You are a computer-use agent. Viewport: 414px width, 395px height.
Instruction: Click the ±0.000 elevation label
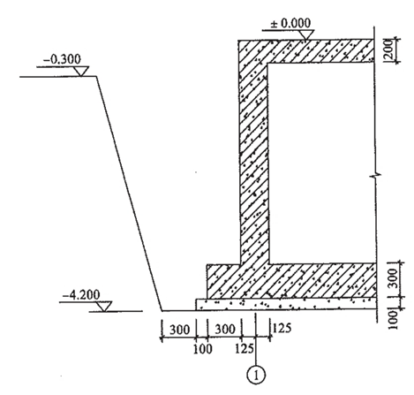[x=290, y=23]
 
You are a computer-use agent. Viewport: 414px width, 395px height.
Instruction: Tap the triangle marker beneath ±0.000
[x=306, y=34]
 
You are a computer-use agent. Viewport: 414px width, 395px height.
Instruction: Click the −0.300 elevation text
[x=62, y=59]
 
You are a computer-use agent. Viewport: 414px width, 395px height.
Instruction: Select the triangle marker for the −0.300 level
[x=81, y=72]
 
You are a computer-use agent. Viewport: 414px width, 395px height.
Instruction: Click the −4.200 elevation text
[x=81, y=294]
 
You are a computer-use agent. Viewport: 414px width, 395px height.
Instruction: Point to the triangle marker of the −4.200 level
[x=104, y=307]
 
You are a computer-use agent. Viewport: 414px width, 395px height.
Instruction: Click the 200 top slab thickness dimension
[x=388, y=50]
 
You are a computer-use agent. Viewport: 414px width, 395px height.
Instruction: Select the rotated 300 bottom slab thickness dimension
[x=394, y=278]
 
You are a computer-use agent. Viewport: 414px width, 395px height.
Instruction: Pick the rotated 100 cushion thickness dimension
[x=394, y=320]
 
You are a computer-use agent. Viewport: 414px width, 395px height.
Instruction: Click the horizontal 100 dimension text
[x=202, y=349]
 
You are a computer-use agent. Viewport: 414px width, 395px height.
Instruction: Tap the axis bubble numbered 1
[x=256, y=376]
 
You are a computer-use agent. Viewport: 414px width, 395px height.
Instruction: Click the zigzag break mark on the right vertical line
[x=376, y=177]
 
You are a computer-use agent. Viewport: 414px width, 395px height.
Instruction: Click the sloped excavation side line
[x=130, y=194]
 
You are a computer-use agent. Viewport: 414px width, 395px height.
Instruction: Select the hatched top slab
[x=306, y=51]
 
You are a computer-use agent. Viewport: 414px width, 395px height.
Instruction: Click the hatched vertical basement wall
[x=254, y=162]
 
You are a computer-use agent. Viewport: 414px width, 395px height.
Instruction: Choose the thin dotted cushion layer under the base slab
[x=286, y=304]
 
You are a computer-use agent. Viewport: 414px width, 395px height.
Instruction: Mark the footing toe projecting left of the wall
[x=223, y=281]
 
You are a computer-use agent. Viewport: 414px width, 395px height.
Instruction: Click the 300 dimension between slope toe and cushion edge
[x=179, y=330]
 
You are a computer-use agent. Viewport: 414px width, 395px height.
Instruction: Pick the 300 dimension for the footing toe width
[x=225, y=329]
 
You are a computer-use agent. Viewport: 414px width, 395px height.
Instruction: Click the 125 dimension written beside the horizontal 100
[x=245, y=349]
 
